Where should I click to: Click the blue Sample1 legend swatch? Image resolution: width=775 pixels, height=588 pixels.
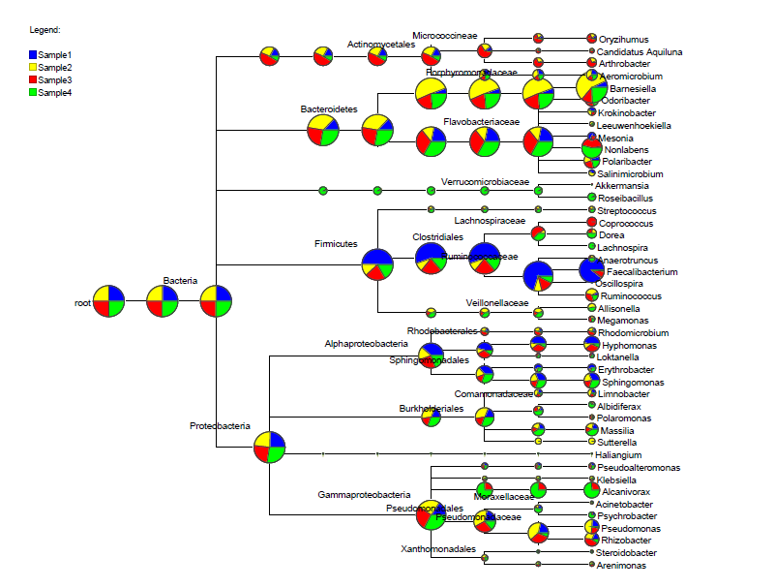click(33, 55)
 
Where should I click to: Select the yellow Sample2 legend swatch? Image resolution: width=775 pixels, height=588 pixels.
click(33, 67)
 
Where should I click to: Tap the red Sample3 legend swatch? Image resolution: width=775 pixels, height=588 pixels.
click(33, 79)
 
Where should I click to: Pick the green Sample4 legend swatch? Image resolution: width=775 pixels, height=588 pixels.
click(33, 92)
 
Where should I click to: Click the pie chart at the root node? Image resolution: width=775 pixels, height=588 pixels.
click(108, 301)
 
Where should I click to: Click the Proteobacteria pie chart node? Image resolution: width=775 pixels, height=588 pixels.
click(269, 448)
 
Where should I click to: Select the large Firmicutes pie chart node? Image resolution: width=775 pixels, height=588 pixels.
click(377, 264)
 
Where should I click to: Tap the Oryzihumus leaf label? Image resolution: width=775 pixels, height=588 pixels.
click(625, 39)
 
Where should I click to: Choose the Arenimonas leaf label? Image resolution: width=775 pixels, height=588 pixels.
click(621, 565)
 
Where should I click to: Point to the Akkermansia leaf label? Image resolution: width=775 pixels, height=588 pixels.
click(623, 185)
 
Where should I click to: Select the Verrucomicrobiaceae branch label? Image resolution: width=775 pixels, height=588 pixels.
click(485, 181)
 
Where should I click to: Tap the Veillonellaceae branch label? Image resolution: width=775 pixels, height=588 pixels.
click(497, 302)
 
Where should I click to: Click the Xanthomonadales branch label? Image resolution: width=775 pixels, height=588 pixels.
click(438, 548)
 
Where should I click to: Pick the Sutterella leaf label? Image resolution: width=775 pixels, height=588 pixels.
click(617, 443)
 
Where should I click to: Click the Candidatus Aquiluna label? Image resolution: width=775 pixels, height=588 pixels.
click(640, 51)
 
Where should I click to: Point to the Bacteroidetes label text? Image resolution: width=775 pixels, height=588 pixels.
click(329, 109)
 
